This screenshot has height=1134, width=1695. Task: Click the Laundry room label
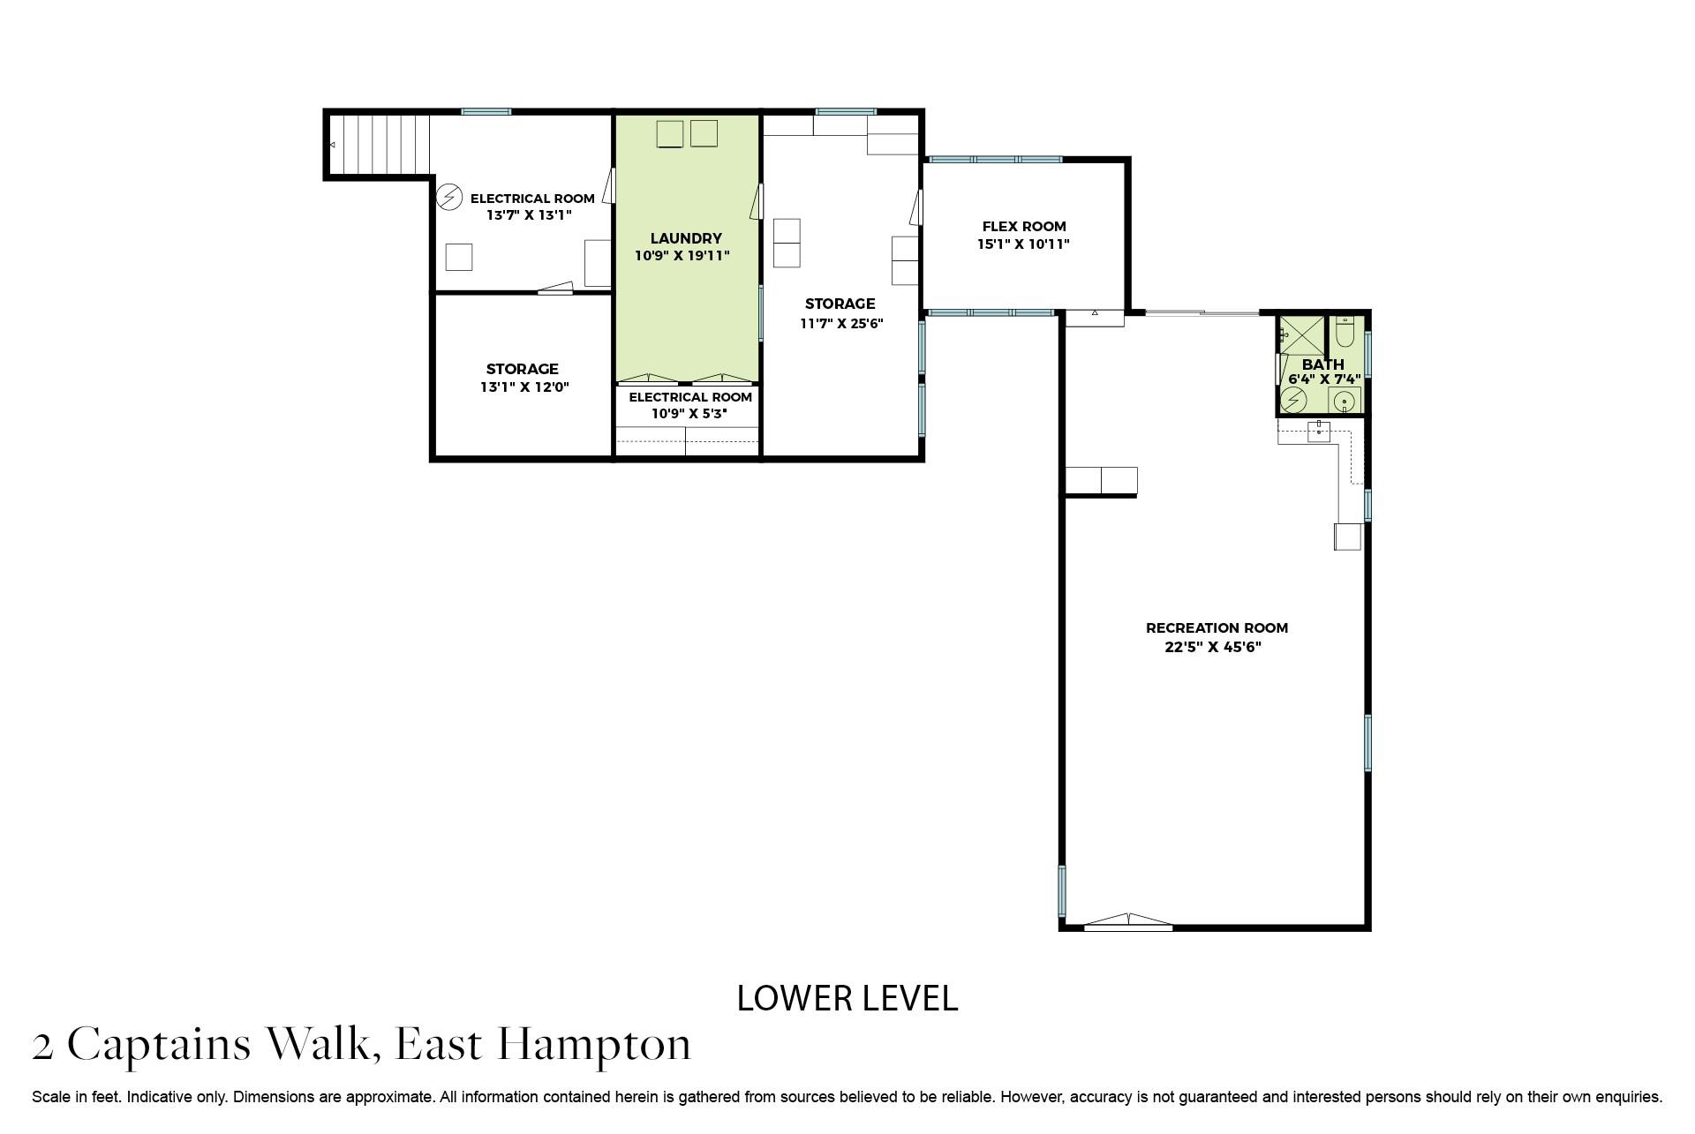pyautogui.click(x=685, y=238)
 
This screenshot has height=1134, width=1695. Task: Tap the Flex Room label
pyautogui.click(x=1023, y=226)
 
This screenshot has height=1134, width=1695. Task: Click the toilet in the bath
pyautogui.click(x=1345, y=332)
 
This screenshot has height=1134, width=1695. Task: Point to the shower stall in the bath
pyautogui.click(x=1301, y=335)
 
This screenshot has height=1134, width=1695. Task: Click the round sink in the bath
pyautogui.click(x=1344, y=402)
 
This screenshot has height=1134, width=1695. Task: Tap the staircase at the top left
pyautogui.click(x=380, y=145)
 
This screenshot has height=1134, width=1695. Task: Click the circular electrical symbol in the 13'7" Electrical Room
pyautogui.click(x=449, y=196)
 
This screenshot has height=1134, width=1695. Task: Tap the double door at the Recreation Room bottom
pyautogui.click(x=1127, y=922)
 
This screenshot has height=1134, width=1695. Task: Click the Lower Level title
pyautogui.click(x=847, y=998)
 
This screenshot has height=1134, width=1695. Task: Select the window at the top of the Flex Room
pyautogui.click(x=995, y=160)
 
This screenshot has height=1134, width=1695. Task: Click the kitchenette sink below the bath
pyautogui.click(x=1318, y=431)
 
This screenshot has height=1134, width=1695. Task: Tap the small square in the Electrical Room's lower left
pyautogui.click(x=458, y=257)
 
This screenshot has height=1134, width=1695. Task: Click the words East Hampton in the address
pyautogui.click(x=542, y=1045)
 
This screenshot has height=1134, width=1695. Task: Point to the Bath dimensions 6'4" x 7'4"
pyautogui.click(x=1322, y=379)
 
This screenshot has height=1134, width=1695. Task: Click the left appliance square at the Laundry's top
pyautogui.click(x=670, y=134)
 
